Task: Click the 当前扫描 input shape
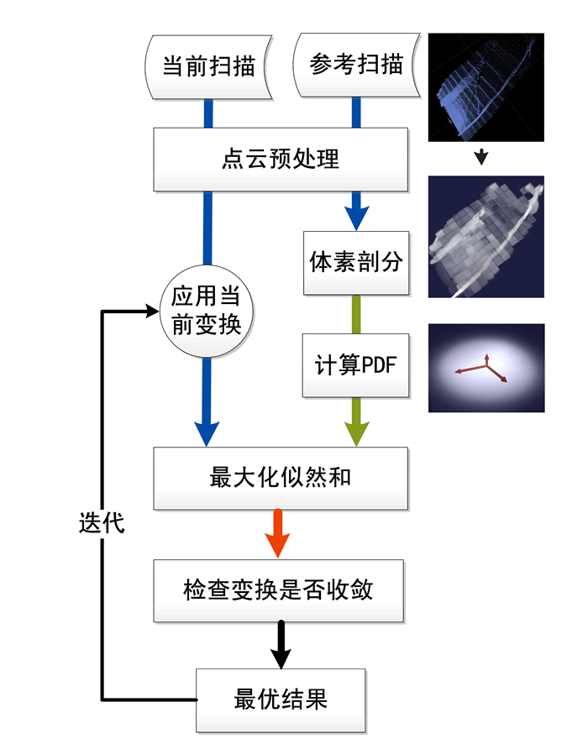click(208, 66)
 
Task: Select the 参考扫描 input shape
click(356, 66)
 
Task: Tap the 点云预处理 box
click(281, 159)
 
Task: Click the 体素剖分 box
click(356, 262)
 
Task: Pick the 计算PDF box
click(356, 366)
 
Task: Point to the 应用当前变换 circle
click(207, 310)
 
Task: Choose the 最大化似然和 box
click(281, 478)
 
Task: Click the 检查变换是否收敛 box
click(281, 590)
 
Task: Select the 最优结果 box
click(281, 699)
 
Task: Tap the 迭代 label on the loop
click(102, 522)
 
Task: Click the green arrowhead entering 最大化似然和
click(356, 432)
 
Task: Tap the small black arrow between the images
click(481, 157)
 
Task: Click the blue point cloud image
click(486, 86)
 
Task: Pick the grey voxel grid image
click(486, 237)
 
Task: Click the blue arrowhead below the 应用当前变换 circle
click(207, 432)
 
